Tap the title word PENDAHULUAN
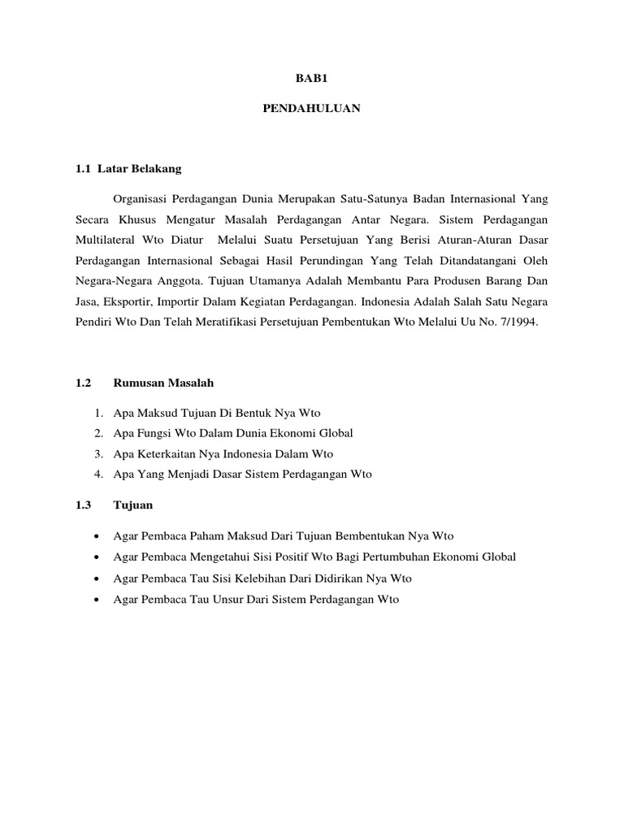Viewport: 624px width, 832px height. point(311,108)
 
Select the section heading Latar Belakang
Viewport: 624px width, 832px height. point(140,169)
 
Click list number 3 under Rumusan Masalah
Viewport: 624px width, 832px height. point(97,454)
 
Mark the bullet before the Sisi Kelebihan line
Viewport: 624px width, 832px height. point(97,578)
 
